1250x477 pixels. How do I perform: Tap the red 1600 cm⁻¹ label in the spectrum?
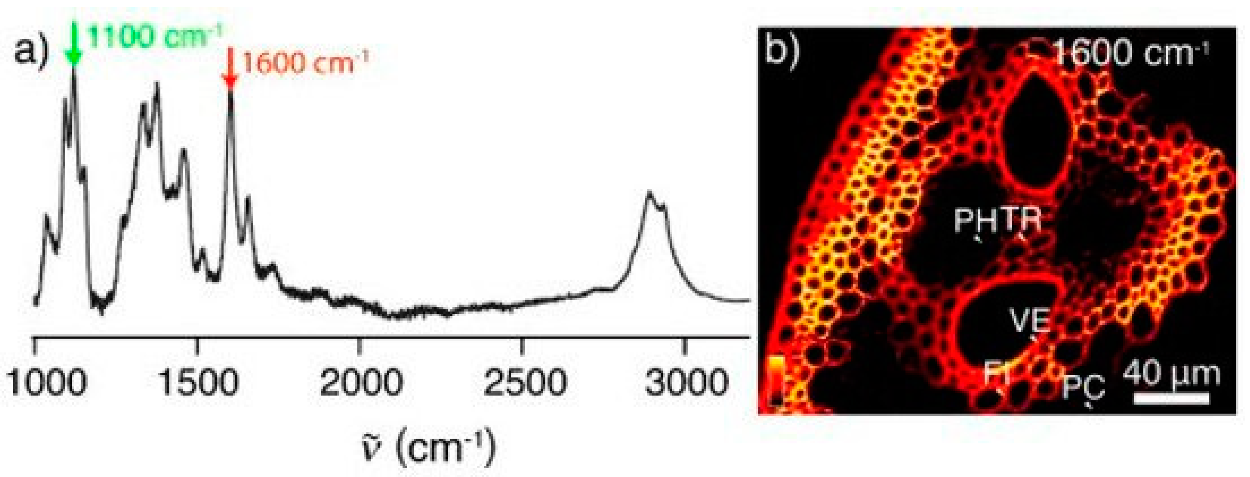[305, 63]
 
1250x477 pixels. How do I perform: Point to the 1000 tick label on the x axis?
[47, 383]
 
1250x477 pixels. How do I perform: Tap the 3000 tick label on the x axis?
[686, 383]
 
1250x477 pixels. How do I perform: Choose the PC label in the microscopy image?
[1083, 389]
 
